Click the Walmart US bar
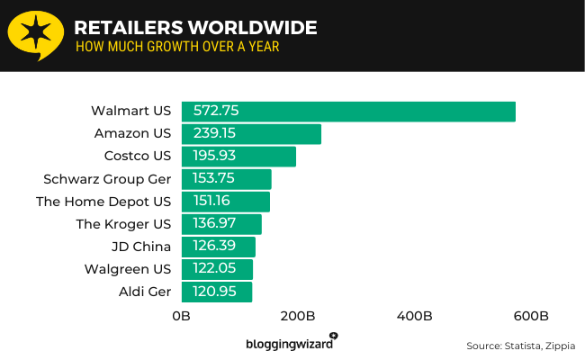(348, 112)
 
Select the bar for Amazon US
(251, 134)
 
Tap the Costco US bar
(238, 157)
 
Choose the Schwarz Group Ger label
(107, 179)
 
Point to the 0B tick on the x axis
(182, 317)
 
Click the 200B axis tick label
(298, 317)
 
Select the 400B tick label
(415, 317)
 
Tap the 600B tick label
(531, 317)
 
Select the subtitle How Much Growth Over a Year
(177, 47)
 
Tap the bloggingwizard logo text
(289, 344)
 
